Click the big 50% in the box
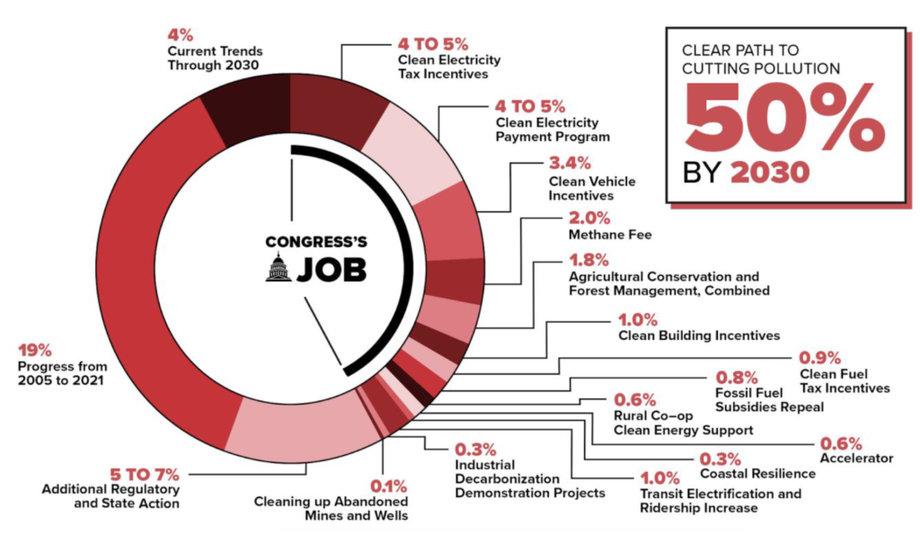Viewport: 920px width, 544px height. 783,121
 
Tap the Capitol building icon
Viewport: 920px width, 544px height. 279,267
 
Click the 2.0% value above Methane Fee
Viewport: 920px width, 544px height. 589,218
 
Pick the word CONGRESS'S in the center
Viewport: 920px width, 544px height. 315,241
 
